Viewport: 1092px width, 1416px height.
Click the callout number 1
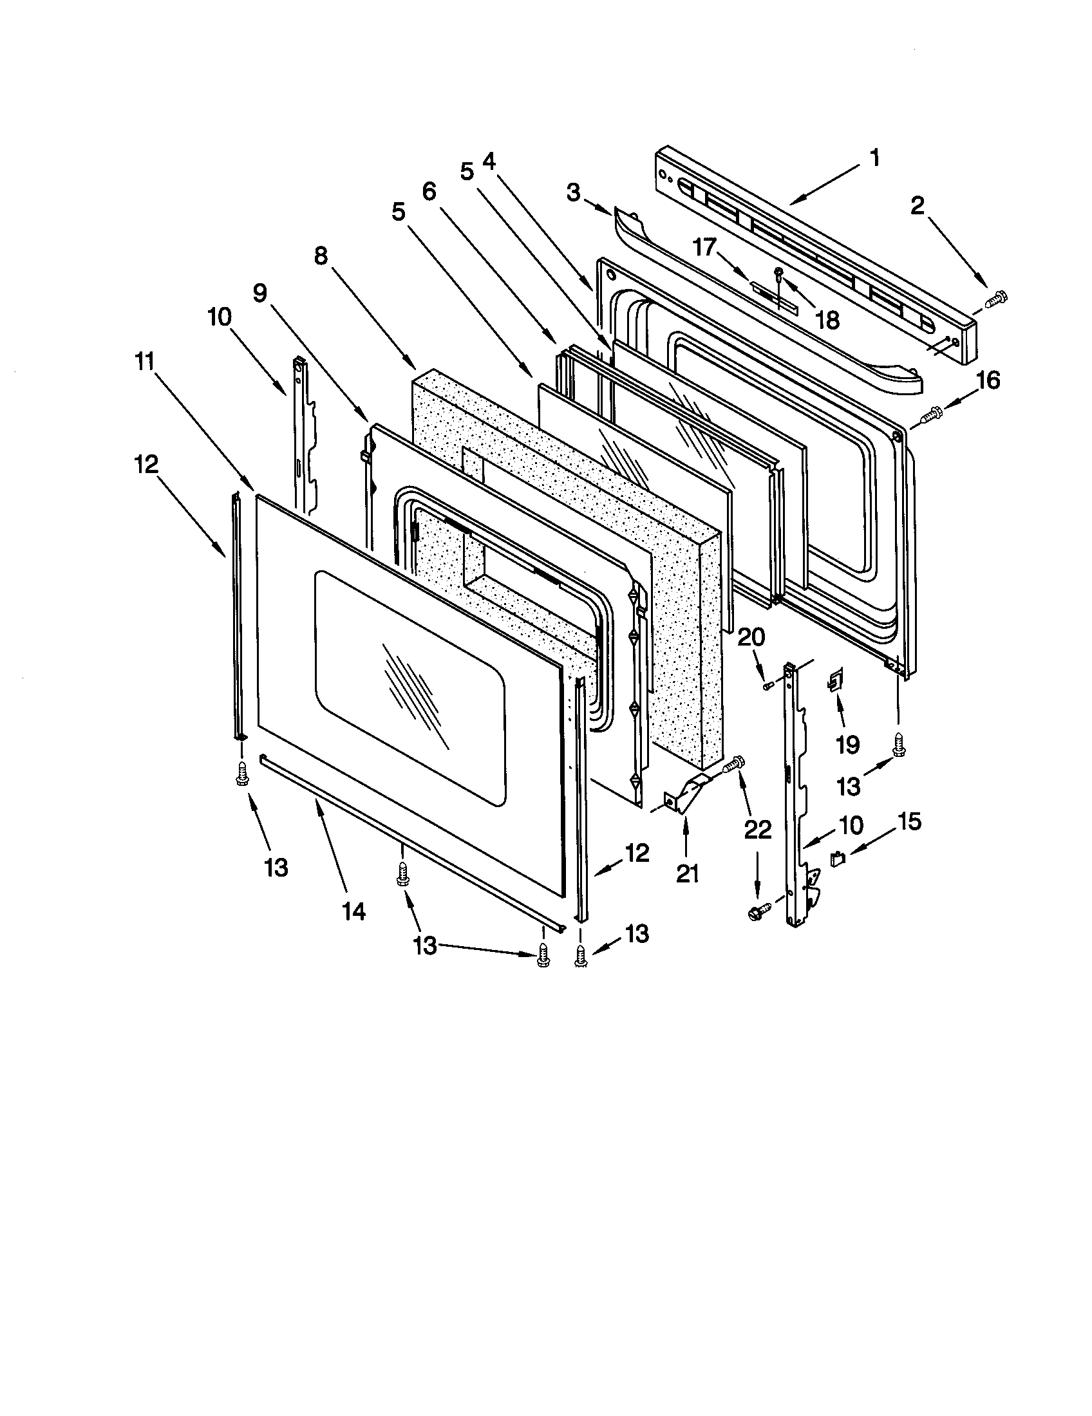coord(874,158)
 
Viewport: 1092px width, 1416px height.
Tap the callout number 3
coord(573,193)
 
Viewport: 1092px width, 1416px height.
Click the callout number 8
coord(321,257)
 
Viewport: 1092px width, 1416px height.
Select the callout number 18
coord(828,319)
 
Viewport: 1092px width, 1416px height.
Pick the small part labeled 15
coord(837,859)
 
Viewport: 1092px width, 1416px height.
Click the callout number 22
coord(757,829)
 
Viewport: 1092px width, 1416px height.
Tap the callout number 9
coord(259,293)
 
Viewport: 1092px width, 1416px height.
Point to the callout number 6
coord(429,191)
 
